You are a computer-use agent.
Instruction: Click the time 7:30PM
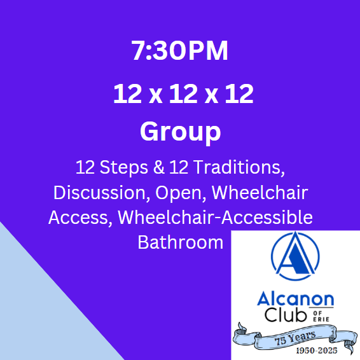(x=180, y=50)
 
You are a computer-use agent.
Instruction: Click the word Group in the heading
(x=181, y=132)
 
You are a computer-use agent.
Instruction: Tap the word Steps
(x=124, y=167)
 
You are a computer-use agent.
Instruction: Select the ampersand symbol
(x=159, y=167)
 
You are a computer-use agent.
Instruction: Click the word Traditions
(x=239, y=167)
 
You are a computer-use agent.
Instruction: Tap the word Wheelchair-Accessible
(x=215, y=217)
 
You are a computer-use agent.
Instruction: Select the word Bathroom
(x=181, y=242)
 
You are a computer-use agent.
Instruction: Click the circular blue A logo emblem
(x=295, y=256)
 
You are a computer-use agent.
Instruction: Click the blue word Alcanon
(x=296, y=298)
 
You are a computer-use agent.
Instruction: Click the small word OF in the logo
(x=318, y=312)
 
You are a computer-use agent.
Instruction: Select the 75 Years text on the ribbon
(x=296, y=338)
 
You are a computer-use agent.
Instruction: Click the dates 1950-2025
(x=317, y=350)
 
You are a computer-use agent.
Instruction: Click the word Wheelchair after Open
(x=260, y=192)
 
